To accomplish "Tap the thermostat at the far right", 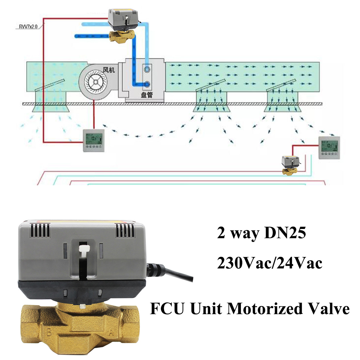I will (329, 148).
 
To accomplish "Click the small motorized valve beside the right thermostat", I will (290, 165).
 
